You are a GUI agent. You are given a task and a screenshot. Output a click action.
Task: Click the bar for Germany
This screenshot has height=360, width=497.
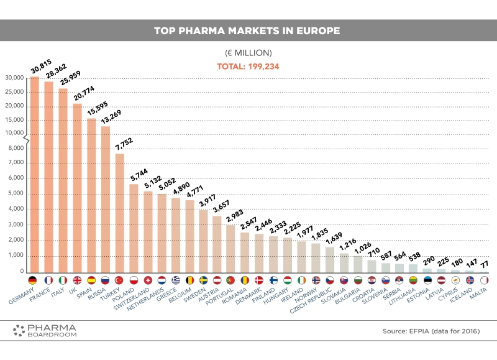pyautogui.click(x=35, y=174)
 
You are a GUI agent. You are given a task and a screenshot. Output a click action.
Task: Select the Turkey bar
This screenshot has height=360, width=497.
pyautogui.click(x=120, y=211)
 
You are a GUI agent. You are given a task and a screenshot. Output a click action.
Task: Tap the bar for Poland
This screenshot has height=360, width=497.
pyautogui.click(x=134, y=227)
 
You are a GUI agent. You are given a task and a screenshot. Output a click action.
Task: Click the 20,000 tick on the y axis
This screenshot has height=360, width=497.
pyautogui.click(x=15, y=106)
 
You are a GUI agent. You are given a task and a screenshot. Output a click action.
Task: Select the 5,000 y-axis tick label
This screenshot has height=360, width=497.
pyautogui.click(x=17, y=193)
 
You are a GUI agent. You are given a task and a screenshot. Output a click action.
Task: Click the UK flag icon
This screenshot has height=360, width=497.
pyautogui.click(x=77, y=280)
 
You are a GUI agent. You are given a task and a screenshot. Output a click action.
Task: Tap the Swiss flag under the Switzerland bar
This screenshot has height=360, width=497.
pyautogui.click(x=148, y=280)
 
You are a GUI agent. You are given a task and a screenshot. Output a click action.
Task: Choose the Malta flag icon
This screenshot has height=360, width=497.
pyautogui.click(x=484, y=280)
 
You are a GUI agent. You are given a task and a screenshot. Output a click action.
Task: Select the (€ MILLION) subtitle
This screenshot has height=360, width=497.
pyautogui.click(x=248, y=53)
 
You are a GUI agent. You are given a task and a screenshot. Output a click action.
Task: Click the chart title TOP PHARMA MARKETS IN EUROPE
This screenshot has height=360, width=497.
pyautogui.click(x=248, y=30)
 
